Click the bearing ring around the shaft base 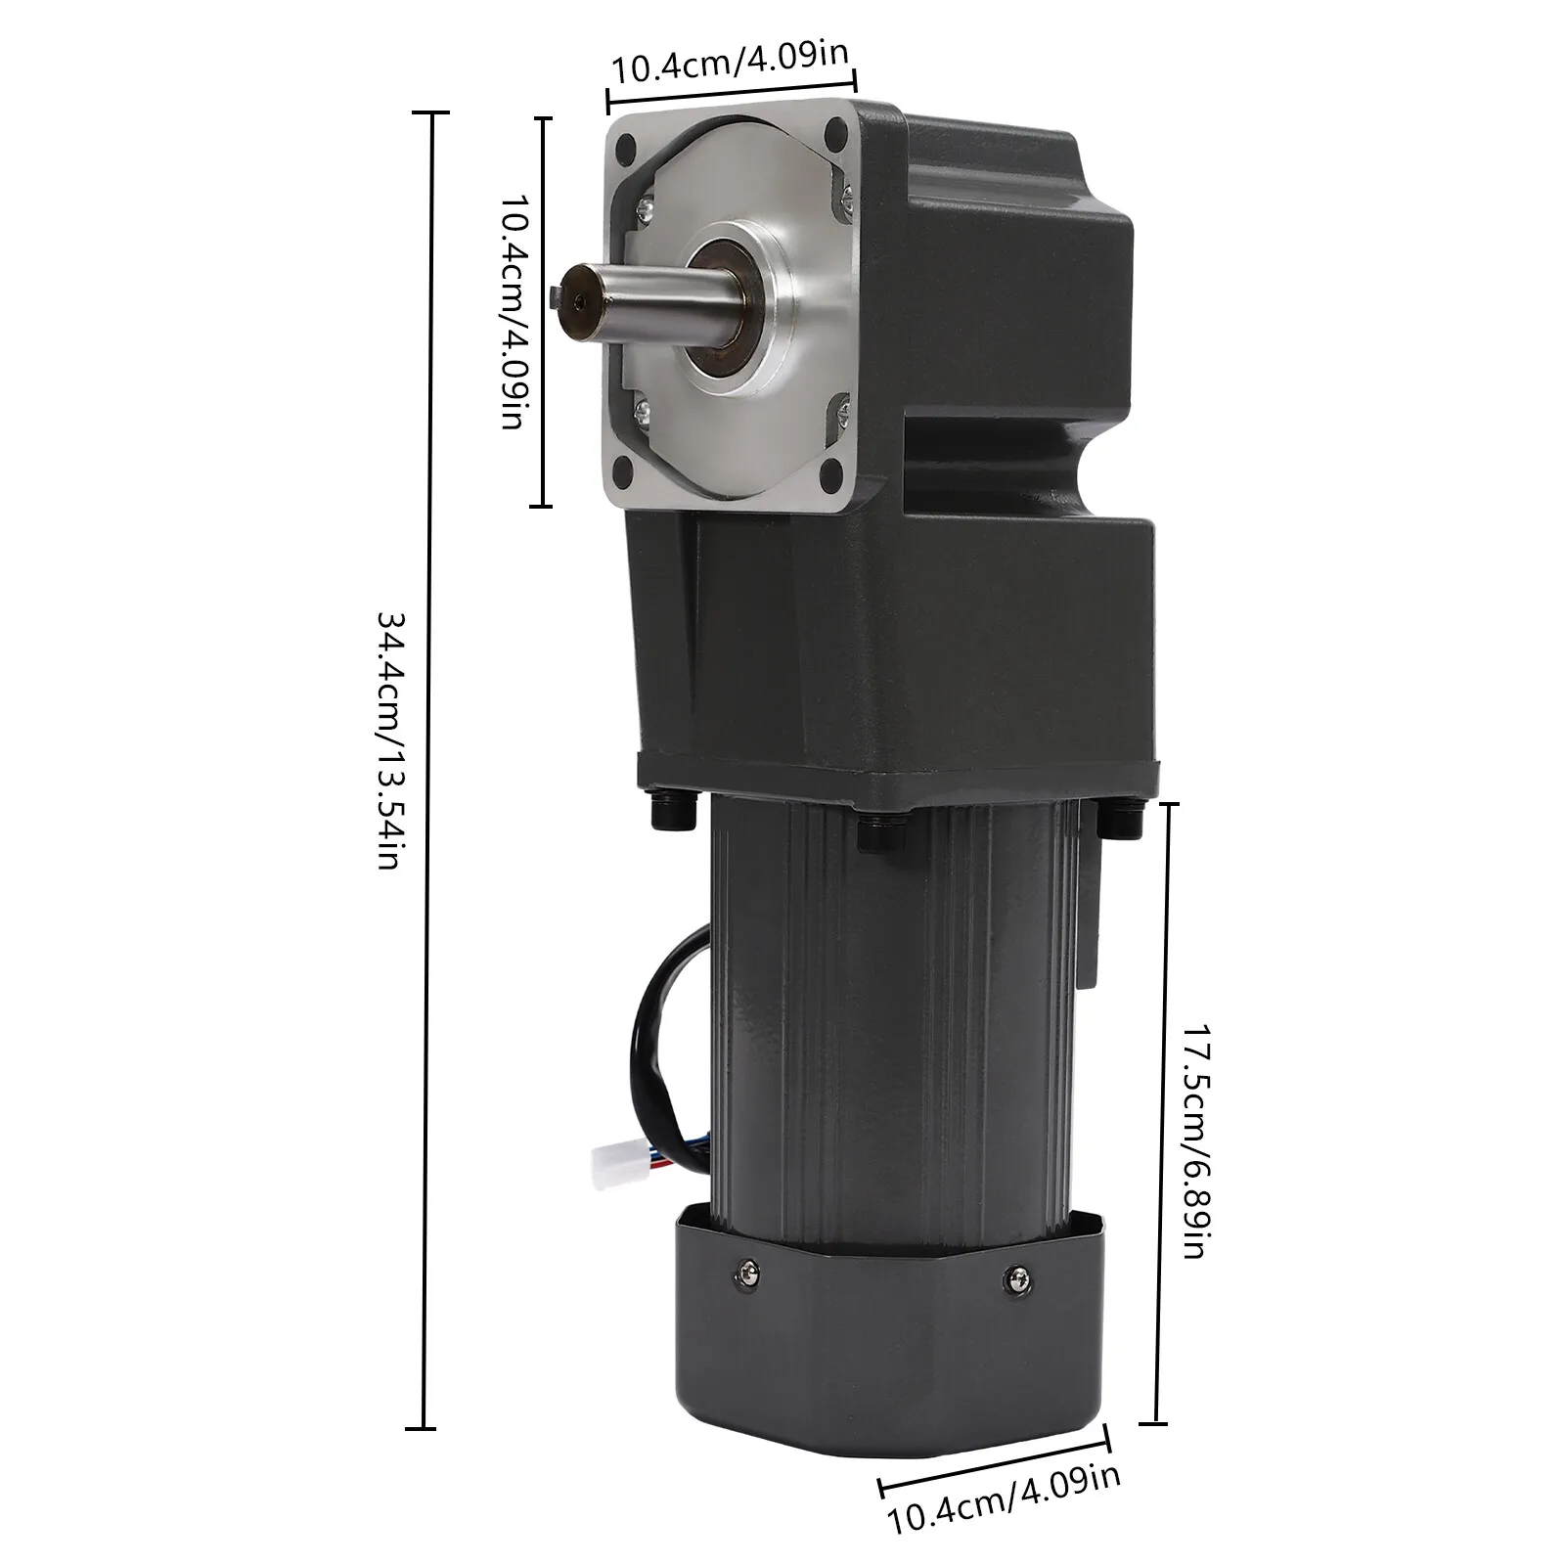tap(724, 302)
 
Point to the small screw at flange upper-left tap(646, 207)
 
